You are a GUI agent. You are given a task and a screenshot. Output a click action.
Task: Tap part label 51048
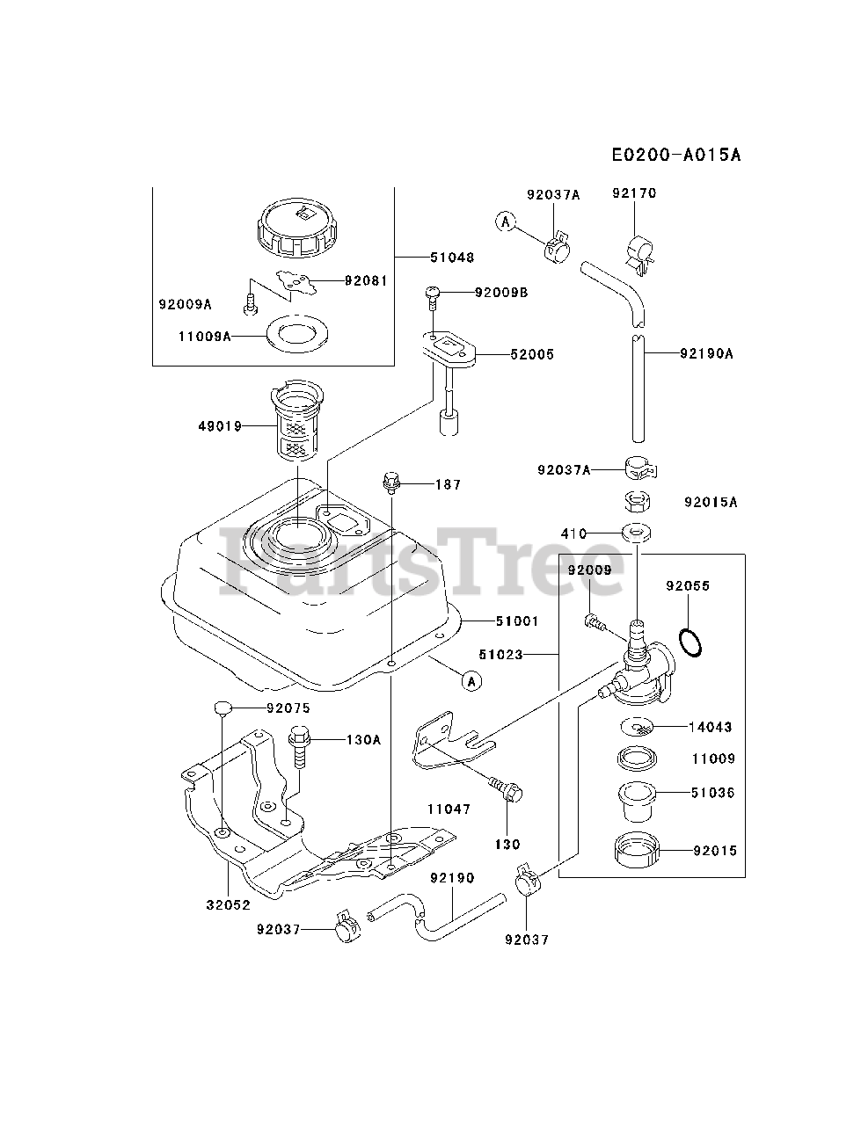(x=452, y=258)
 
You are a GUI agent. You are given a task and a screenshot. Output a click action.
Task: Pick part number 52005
(x=532, y=354)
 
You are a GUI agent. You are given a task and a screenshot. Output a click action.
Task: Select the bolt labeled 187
(x=391, y=482)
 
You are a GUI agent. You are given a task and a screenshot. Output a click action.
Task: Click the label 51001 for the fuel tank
(x=516, y=621)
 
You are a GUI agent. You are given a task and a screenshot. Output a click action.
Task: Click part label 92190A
(x=706, y=354)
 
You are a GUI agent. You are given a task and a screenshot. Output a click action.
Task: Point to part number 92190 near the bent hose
(x=452, y=877)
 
